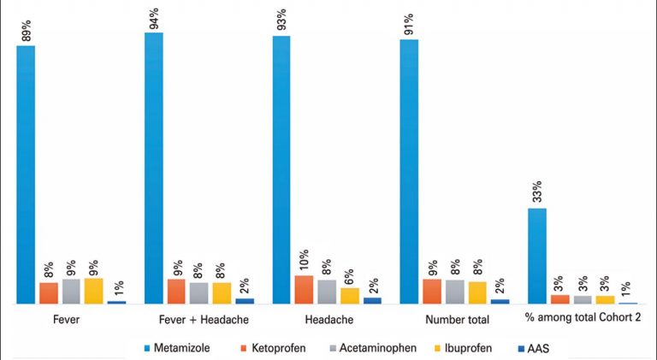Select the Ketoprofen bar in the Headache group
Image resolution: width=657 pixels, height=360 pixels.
coord(304,290)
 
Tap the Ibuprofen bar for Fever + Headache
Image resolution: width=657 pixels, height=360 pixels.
coord(222,293)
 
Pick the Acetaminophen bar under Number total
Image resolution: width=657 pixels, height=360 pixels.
coord(455,292)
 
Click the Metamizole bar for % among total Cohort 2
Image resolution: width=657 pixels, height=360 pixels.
coord(536,256)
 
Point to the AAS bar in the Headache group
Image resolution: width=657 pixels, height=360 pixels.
coord(372,300)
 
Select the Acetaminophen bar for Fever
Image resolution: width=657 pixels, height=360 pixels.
coord(71,292)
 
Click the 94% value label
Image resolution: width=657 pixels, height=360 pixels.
coord(155,19)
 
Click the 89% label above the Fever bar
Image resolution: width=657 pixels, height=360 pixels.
coord(27,31)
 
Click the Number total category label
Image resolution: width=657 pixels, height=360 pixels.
coord(457,321)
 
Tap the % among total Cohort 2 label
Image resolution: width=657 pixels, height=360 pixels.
coord(582,318)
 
